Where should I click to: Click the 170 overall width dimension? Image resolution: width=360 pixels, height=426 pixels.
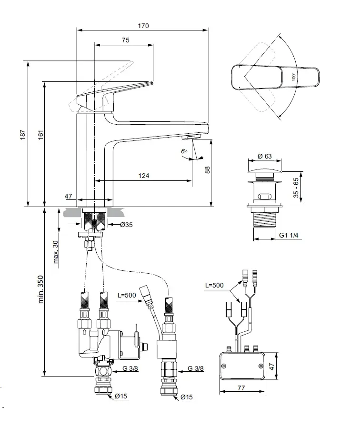143,26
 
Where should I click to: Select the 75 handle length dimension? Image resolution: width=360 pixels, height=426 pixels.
126,40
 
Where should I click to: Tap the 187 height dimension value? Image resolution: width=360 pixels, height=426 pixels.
22,135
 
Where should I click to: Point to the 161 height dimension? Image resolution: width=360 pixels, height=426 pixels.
41,135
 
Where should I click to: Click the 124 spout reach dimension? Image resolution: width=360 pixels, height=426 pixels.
143,176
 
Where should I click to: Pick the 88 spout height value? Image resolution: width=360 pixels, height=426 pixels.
207,170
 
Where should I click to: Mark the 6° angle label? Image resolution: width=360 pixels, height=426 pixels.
184,151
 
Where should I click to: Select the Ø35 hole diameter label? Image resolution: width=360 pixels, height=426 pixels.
126,225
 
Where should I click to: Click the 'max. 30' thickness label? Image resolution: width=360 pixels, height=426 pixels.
55,252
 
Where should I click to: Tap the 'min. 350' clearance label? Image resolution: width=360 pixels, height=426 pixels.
40,289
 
